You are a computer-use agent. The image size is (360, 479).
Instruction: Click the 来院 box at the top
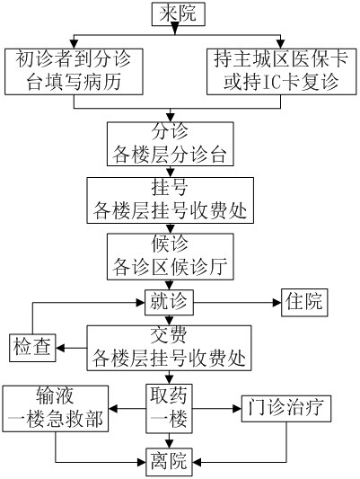[179, 14]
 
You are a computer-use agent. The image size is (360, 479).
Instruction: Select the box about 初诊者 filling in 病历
[74, 72]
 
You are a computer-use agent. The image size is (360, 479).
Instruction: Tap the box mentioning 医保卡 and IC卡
[281, 72]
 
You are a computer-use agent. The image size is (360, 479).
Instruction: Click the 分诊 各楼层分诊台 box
[171, 144]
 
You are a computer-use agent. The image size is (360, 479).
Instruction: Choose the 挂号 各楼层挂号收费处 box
[171, 200]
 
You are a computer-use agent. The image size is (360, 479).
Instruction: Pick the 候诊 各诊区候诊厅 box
[171, 257]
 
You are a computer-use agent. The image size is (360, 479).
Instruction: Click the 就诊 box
[169, 303]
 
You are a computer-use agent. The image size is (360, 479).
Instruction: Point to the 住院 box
[304, 303]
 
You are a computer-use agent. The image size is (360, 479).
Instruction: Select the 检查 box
[32, 348]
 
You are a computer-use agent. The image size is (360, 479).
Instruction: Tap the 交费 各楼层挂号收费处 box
[169, 348]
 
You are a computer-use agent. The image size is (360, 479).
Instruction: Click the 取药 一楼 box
[169, 408]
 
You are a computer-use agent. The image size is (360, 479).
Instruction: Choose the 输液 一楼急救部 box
[56, 409]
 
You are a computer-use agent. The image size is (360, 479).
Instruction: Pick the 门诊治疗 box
[286, 409]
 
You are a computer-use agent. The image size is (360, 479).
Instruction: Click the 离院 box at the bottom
[169, 462]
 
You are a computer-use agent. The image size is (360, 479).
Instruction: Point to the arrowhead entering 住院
[277, 303]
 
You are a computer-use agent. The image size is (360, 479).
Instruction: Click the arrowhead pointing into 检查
[60, 348]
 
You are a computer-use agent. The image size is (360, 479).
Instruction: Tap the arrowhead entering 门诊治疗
[237, 409]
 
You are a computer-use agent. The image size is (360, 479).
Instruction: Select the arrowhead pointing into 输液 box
[112, 409]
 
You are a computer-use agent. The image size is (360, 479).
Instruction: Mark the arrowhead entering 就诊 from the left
[141, 303]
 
